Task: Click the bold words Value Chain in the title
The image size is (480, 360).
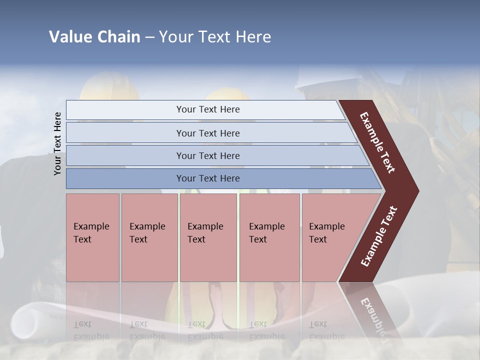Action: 94,37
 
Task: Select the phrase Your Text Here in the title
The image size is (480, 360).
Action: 215,37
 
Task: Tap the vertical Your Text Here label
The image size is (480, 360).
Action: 58,143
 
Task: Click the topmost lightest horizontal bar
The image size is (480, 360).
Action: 207,109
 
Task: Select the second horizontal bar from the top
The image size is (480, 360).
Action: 207,133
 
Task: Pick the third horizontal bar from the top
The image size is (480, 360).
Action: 207,155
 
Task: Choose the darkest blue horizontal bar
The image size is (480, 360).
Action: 207,178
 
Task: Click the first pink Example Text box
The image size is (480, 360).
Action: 92,237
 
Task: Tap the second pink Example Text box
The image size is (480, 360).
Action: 149,237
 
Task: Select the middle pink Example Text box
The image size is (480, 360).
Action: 208,237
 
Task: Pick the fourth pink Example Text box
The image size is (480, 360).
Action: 269,237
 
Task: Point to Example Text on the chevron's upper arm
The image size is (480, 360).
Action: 377,142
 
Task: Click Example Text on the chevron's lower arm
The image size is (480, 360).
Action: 379,236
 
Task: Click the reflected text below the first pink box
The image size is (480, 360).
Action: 91,330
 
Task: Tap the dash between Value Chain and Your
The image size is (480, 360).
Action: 149,37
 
